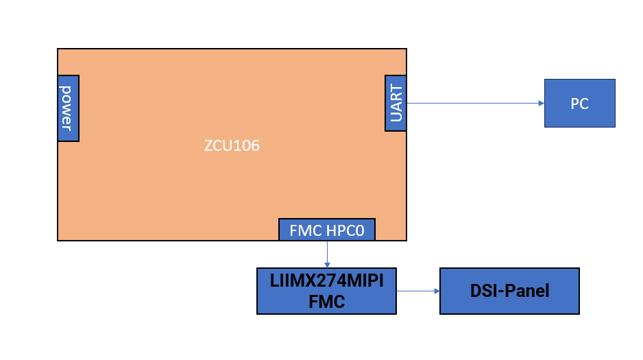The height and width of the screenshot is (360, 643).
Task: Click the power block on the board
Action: [x=68, y=108]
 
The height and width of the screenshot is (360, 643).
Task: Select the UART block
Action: [x=396, y=103]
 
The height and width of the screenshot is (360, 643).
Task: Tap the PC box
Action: [x=579, y=103]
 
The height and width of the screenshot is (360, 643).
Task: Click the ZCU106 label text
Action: [x=232, y=146]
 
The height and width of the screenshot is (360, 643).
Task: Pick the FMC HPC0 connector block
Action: [x=327, y=230]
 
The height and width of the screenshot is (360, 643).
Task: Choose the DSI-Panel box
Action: [x=509, y=291]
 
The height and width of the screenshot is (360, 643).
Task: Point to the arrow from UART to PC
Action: [x=473, y=104]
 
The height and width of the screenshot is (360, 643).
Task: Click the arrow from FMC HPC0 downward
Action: [x=327, y=254]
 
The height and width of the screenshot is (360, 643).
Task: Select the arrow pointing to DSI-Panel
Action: [x=418, y=291]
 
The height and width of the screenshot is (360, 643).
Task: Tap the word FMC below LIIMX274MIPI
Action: [x=327, y=301]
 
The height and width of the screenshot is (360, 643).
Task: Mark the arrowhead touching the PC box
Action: [x=541, y=104]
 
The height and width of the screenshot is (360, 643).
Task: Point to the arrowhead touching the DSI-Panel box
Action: [x=436, y=291]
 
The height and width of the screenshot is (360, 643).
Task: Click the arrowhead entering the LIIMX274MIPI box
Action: [x=327, y=264]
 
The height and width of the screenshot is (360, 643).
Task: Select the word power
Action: [x=67, y=108]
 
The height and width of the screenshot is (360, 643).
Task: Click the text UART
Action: [x=396, y=103]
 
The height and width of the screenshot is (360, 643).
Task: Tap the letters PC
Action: [x=579, y=104]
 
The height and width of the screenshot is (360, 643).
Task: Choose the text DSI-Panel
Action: [x=509, y=291]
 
